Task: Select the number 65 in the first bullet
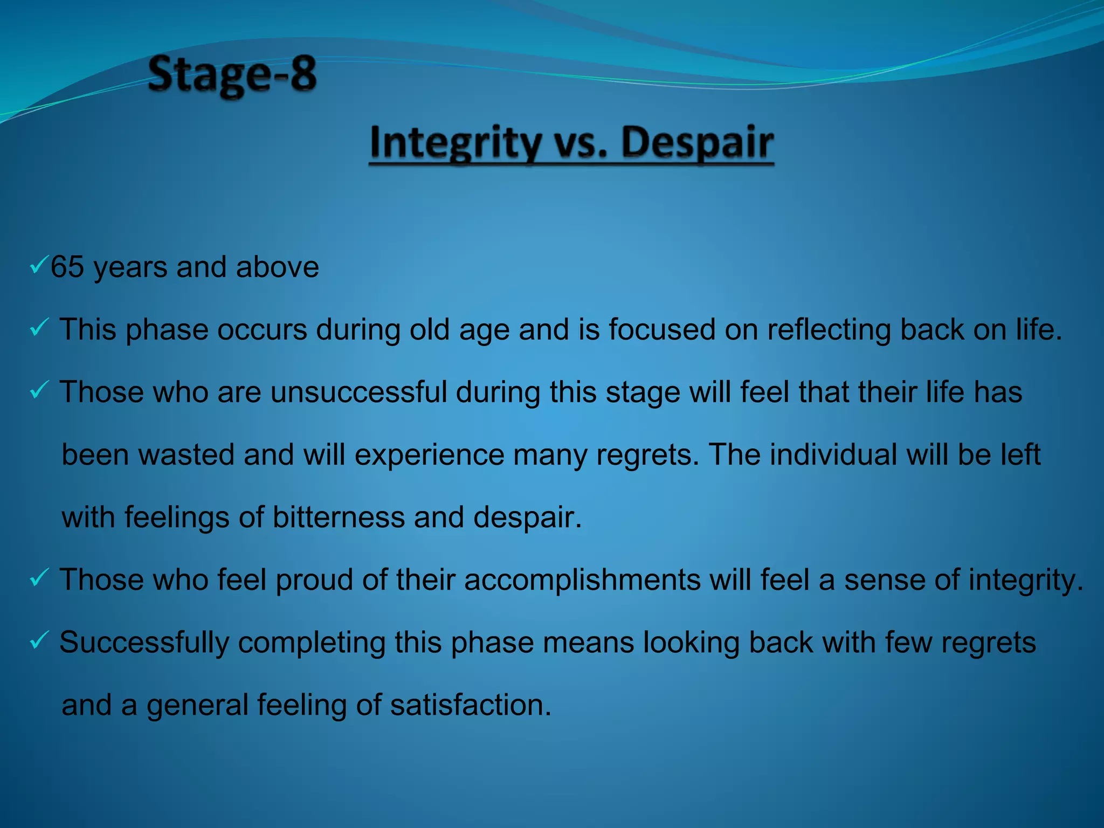point(67,267)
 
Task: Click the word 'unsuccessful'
point(359,392)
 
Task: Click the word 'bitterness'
point(338,517)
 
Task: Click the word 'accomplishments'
point(582,580)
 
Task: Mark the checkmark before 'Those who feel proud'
point(39,577)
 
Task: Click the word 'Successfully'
point(144,643)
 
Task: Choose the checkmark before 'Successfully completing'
point(39,640)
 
